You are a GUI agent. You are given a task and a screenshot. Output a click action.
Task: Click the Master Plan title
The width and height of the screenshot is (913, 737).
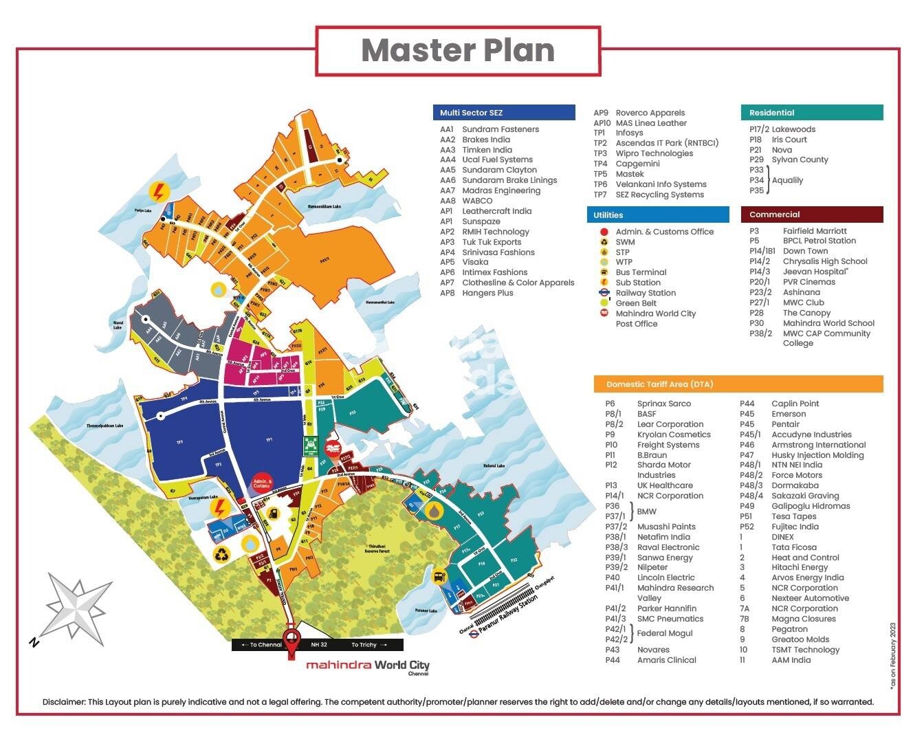458,51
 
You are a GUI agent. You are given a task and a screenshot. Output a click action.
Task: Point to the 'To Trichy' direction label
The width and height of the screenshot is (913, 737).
364,645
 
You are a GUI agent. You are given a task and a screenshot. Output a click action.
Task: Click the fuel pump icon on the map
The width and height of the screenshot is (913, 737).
273,513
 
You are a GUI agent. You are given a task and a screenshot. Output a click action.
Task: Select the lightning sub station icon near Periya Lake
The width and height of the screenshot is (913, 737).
159,191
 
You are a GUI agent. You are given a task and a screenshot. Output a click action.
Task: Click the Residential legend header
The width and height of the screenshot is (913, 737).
771,113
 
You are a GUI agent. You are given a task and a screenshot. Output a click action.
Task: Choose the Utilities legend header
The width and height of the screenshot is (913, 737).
608,215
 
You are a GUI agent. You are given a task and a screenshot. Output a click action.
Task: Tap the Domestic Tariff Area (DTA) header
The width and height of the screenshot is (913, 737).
650,384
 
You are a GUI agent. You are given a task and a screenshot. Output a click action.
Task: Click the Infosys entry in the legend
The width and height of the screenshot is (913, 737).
629,133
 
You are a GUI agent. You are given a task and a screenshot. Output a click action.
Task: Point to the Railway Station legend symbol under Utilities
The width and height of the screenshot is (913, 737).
604,293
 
